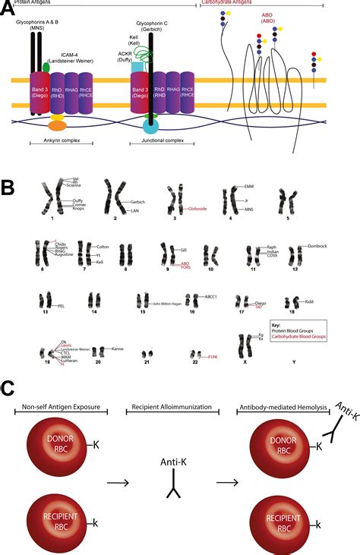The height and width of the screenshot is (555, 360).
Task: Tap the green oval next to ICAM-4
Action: [x=46, y=68]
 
